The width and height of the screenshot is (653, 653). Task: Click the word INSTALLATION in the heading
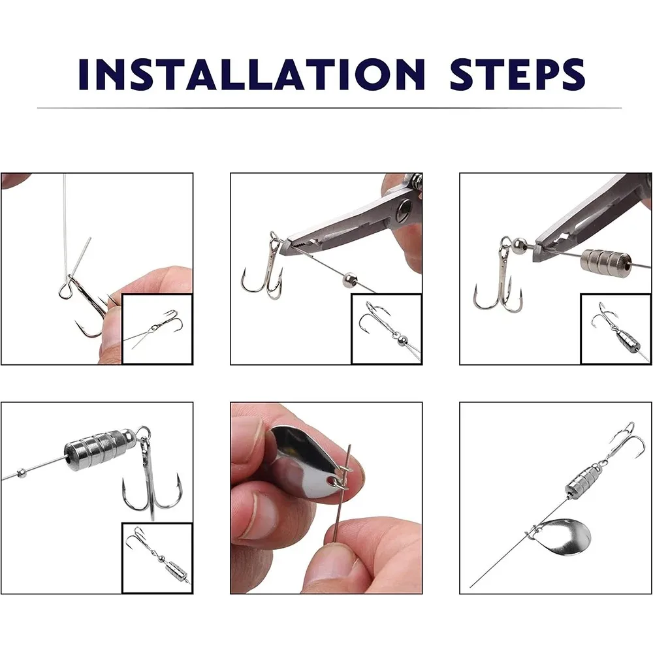[252, 74]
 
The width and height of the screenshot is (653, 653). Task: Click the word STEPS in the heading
[518, 74]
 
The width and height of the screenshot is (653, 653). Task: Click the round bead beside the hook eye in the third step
[519, 246]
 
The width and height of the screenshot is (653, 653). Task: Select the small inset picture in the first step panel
[157, 329]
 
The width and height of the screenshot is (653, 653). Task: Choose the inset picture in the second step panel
[387, 329]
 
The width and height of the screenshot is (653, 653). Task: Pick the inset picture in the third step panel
[616, 329]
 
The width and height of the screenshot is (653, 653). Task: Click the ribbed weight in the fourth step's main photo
[100, 450]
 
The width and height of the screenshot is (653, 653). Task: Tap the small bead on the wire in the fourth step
[22, 473]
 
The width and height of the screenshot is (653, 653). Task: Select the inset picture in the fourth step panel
[157, 558]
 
